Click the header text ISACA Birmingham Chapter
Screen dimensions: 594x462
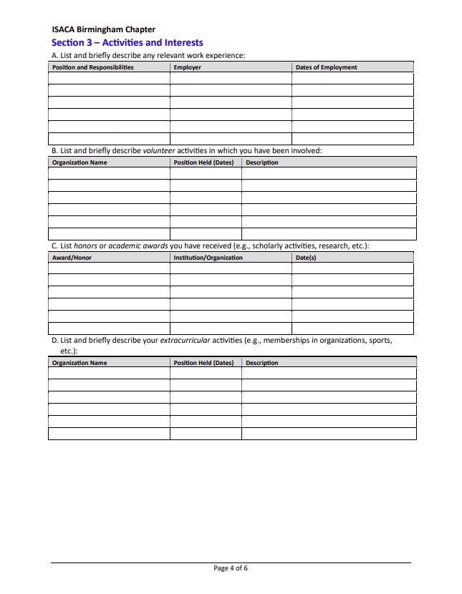(x=103, y=30)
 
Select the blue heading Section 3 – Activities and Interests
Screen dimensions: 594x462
(x=127, y=43)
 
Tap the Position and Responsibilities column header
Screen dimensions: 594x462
(x=93, y=67)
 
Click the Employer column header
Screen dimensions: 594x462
(x=188, y=67)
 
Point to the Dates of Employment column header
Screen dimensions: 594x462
(x=326, y=67)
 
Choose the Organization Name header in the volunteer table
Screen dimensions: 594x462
(x=80, y=162)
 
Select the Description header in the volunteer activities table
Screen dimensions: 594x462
(x=262, y=162)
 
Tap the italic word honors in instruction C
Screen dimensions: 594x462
(x=85, y=246)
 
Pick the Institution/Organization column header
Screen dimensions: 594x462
(x=208, y=258)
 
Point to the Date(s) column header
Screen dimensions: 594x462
(x=306, y=258)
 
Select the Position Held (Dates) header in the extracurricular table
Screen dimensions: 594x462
(x=204, y=363)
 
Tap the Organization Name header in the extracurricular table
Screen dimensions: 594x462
(x=80, y=363)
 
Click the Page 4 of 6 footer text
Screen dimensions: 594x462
(x=231, y=568)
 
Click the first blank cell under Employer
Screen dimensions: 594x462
(x=231, y=79)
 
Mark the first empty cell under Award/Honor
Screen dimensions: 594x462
(x=109, y=268)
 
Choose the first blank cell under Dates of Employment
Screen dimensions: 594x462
(x=352, y=79)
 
